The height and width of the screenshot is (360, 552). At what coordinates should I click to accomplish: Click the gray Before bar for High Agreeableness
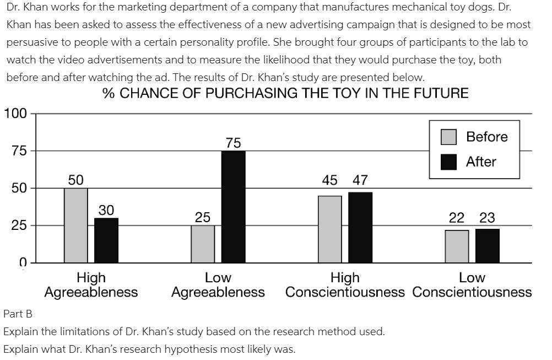(75, 225)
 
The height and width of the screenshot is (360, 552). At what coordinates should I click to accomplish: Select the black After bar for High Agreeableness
(106, 240)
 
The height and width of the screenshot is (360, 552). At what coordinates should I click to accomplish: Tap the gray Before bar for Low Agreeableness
(203, 244)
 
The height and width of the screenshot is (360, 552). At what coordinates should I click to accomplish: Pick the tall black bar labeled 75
(233, 207)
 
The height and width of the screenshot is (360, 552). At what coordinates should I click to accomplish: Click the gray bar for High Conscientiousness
(329, 229)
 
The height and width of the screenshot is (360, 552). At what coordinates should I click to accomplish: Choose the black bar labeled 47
(360, 227)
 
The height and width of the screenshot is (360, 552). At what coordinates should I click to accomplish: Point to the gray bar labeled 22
(457, 246)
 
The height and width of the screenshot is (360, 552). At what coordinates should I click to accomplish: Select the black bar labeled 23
(488, 245)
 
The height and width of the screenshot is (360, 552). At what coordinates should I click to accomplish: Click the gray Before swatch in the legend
(448, 137)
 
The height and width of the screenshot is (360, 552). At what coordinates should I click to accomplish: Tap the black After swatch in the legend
(448, 162)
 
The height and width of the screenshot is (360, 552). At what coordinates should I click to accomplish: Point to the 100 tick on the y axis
(15, 114)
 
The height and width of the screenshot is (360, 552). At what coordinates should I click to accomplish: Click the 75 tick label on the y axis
(19, 151)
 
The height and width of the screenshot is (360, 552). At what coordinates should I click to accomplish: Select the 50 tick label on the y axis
(19, 188)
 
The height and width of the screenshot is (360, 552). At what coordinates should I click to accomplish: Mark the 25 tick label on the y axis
(19, 225)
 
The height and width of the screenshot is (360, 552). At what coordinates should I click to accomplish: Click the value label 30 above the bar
(106, 210)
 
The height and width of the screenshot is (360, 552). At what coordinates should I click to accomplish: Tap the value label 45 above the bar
(329, 180)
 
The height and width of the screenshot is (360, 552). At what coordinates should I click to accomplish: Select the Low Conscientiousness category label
(472, 285)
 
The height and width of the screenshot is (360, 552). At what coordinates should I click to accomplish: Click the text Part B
(18, 314)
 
